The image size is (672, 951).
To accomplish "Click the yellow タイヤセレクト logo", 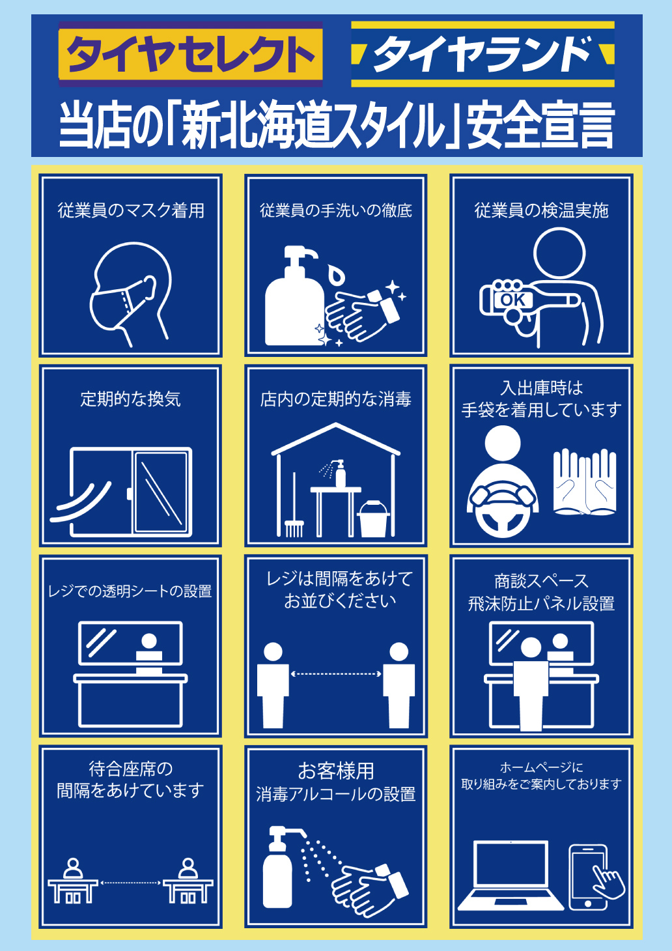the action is pyautogui.click(x=191, y=54).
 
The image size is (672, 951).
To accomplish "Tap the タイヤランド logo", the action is pyautogui.click(x=483, y=54).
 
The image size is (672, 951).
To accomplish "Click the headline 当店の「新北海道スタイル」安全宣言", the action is pyautogui.click(x=337, y=126).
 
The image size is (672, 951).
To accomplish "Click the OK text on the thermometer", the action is pyautogui.click(x=513, y=300).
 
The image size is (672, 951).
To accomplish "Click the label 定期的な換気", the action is pyautogui.click(x=130, y=399).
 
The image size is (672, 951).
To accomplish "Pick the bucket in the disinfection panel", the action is pyautogui.click(x=373, y=518).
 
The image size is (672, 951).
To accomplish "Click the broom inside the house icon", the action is pyautogui.click(x=294, y=505).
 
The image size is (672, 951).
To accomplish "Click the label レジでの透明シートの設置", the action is pyautogui.click(x=130, y=591).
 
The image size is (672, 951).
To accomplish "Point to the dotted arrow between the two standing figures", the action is pyautogui.click(x=336, y=674).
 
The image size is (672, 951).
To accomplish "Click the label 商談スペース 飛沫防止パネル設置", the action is pyautogui.click(x=541, y=592).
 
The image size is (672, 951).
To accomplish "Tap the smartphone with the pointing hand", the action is pyautogui.click(x=593, y=877).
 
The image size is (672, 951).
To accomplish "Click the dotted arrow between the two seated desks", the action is pyautogui.click(x=130, y=883).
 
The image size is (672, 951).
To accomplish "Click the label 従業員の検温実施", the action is pyautogui.click(x=541, y=210).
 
